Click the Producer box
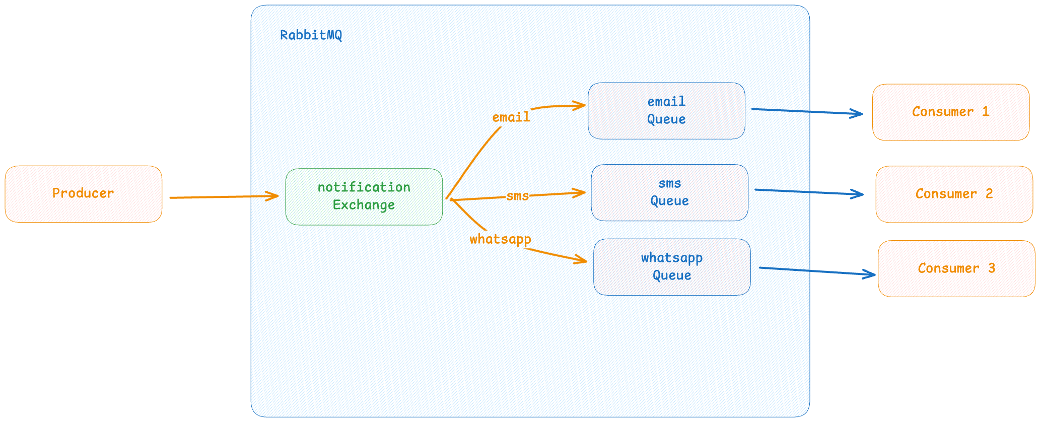coord(84,194)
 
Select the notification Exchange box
coord(364,196)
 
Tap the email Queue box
coord(666,111)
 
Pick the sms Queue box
coord(670,192)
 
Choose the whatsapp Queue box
coord(672,267)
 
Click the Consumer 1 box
coord(951,112)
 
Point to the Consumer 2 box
coord(954,194)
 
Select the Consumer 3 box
coord(956,268)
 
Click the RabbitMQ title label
coord(311,35)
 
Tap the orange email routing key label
coord(511,117)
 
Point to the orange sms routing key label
coord(518,196)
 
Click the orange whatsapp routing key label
coord(501,239)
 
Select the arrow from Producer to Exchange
coord(224,197)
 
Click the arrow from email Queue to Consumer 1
coord(807,111)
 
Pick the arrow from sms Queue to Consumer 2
coord(809,192)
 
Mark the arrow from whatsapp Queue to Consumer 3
coord(817,271)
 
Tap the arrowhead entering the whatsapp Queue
coord(580,259)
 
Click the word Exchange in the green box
coord(364,205)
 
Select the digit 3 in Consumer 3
coord(992,268)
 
